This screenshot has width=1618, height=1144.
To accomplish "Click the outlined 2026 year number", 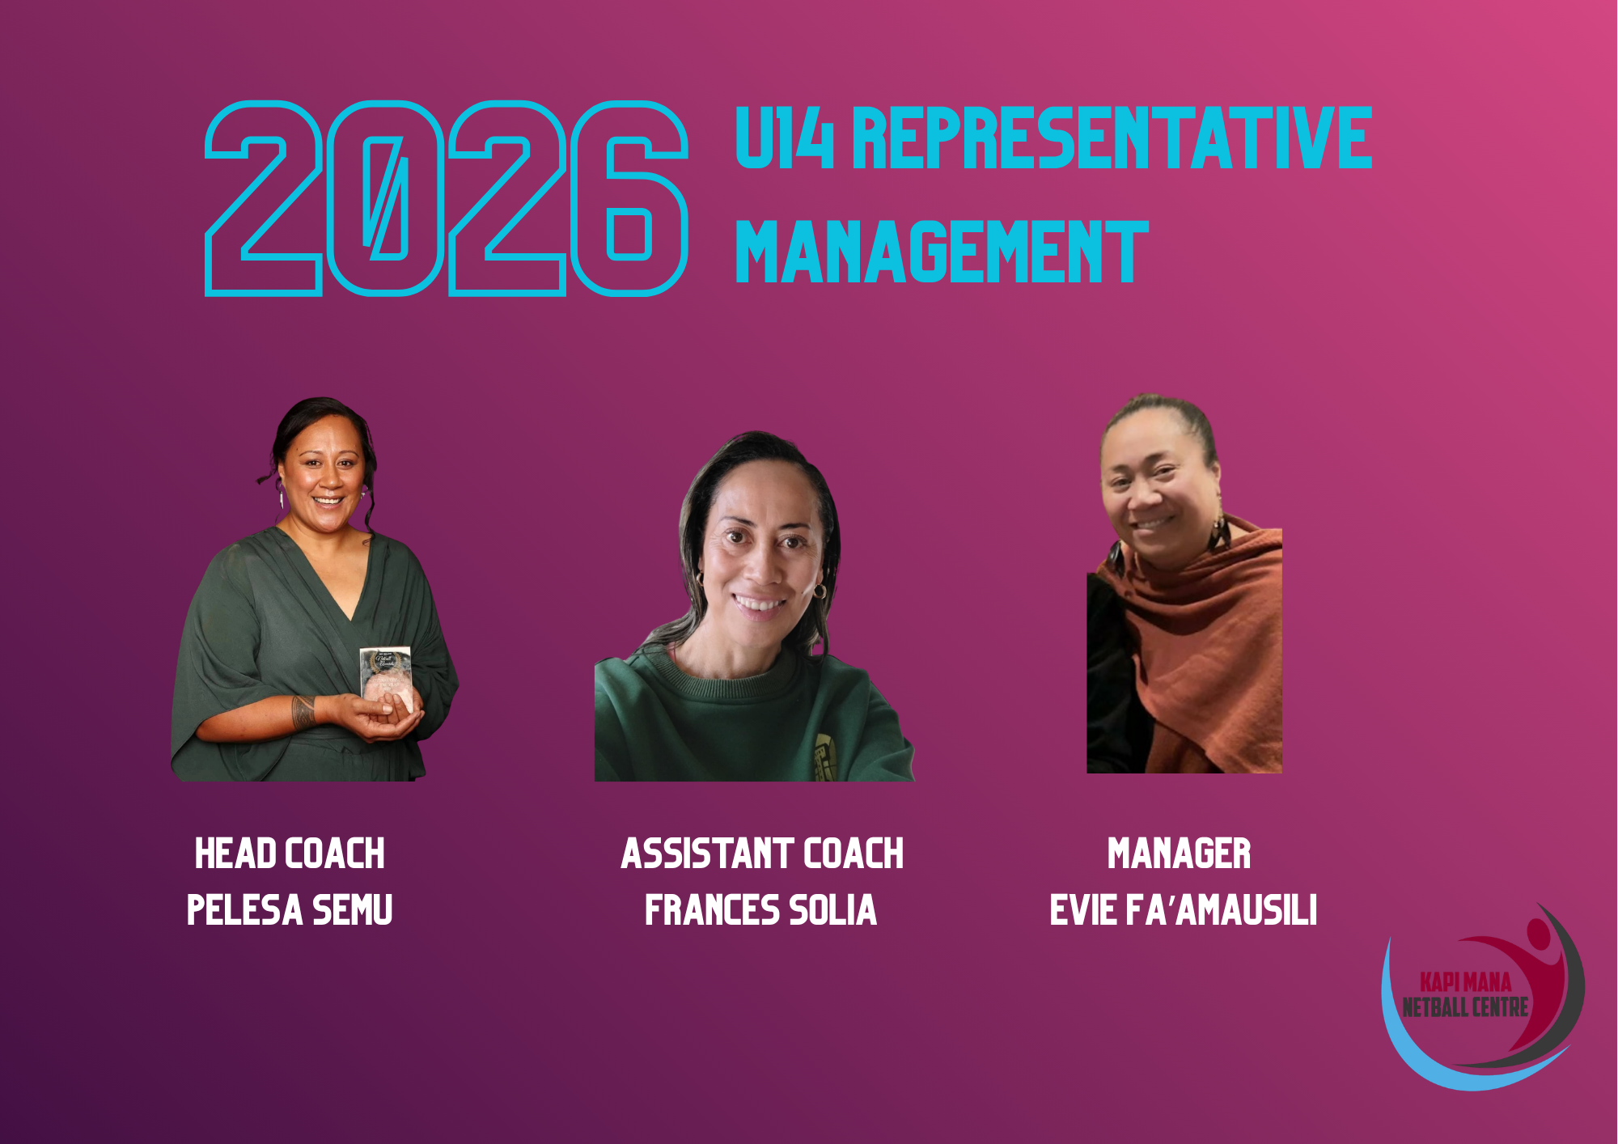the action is click(447, 198).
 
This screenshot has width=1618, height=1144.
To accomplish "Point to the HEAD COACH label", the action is click(290, 854).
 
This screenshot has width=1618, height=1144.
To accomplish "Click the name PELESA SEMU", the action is click(290, 910).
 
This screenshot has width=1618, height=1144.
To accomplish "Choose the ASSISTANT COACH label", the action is click(762, 854).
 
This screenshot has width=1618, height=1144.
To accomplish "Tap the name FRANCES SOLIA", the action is click(761, 910).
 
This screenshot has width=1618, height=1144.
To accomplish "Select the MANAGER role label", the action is click(1179, 854).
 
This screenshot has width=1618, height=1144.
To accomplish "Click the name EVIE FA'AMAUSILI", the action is click(1184, 910).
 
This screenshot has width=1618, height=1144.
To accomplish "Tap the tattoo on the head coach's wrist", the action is click(304, 712).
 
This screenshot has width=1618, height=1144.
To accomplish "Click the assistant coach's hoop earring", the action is click(820, 591).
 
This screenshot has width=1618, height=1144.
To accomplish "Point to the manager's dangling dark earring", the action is click(1217, 534).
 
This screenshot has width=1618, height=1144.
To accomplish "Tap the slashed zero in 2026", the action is click(385, 198).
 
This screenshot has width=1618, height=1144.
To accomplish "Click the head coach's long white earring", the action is click(281, 494).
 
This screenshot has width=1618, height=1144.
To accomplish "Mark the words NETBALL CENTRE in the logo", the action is click(1465, 1007).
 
